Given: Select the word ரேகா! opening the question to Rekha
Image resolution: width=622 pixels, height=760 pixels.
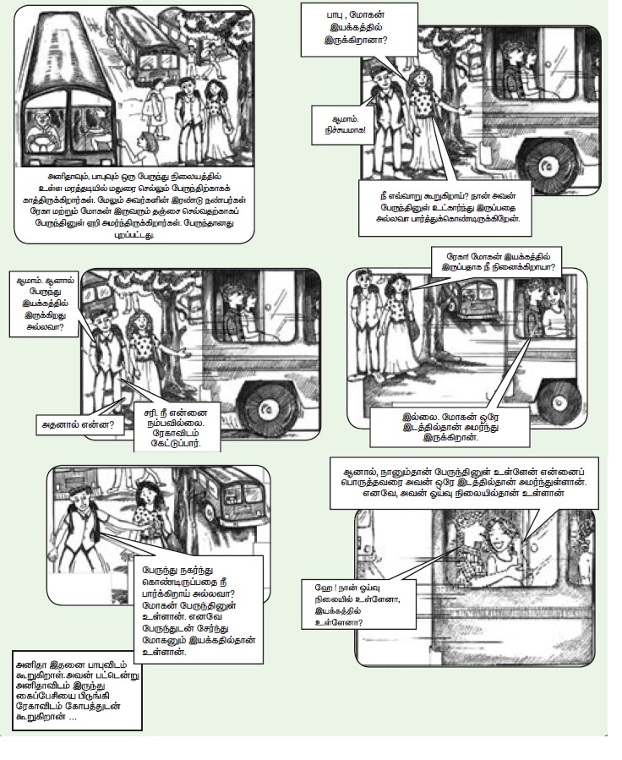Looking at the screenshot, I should click(452, 256).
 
